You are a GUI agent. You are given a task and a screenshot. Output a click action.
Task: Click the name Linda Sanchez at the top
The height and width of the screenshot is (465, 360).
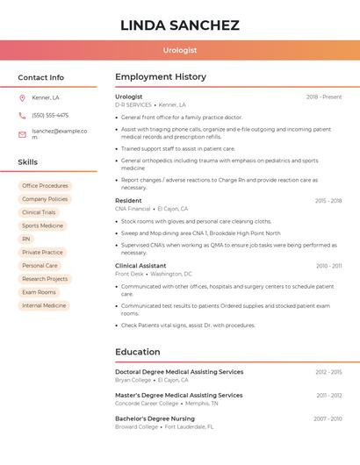(180, 25)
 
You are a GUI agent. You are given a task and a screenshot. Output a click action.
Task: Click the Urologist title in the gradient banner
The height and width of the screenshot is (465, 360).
(180, 50)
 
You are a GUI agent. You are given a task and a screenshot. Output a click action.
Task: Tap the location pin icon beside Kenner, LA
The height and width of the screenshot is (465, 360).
(22, 97)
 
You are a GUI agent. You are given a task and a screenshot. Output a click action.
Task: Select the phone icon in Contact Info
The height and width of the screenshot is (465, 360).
(22, 115)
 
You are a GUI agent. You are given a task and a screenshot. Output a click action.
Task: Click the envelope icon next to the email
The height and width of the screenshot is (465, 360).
(22, 134)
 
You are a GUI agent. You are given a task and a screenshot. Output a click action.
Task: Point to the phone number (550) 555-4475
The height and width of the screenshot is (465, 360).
(50, 115)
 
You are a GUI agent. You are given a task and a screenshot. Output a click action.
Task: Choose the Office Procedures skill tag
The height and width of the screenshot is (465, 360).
(45, 186)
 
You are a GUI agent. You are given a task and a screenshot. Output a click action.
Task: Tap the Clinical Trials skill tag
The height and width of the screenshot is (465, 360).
(39, 212)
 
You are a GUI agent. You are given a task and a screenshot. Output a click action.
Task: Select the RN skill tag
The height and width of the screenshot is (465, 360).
(26, 239)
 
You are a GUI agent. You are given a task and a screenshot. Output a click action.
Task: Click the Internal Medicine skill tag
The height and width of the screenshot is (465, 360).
(44, 305)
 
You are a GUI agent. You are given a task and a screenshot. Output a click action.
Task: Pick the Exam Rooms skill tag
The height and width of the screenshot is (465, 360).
(39, 292)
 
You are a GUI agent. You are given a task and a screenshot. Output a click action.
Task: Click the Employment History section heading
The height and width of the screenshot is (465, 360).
(161, 77)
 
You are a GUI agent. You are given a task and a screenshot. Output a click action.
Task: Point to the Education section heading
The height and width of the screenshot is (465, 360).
(138, 352)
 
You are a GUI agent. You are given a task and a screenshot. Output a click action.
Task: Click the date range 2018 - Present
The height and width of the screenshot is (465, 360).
(324, 97)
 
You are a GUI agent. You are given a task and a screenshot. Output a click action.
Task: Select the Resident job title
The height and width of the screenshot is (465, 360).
(128, 201)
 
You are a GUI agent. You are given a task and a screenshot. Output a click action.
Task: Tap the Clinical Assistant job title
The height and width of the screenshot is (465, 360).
(140, 266)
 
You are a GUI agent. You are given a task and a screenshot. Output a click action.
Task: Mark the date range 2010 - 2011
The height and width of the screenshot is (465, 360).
(328, 266)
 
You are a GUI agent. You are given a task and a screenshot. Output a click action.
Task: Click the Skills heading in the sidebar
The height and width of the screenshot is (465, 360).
(28, 162)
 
